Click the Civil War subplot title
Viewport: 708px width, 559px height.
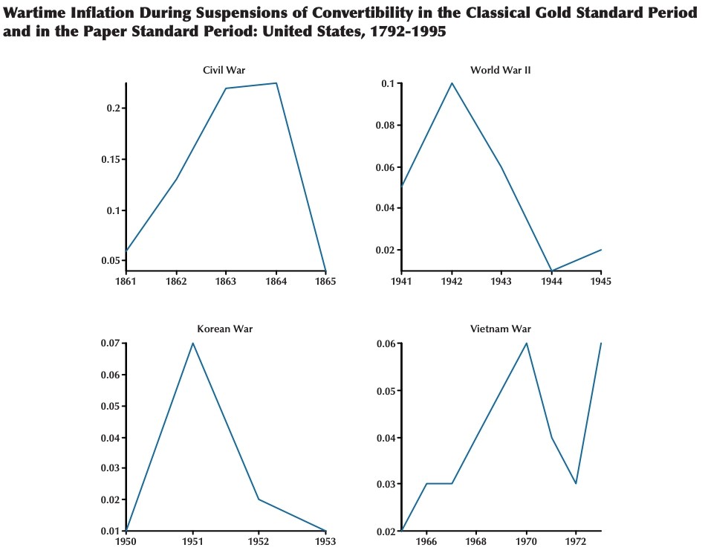(x=224, y=70)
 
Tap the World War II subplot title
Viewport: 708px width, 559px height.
(x=500, y=70)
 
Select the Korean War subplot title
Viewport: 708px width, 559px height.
(x=224, y=329)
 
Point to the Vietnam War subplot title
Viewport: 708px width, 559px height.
(x=500, y=329)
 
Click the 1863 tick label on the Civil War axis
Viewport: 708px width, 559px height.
(x=226, y=282)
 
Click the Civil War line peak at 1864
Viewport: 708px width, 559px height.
(x=276, y=83)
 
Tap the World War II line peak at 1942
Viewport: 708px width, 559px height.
(x=451, y=83)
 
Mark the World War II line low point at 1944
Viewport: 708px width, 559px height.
(x=551, y=271)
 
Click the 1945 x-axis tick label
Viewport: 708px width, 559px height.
(x=600, y=282)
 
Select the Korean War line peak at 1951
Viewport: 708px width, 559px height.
(x=193, y=343)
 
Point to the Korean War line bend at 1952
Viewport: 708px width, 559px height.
(x=259, y=499)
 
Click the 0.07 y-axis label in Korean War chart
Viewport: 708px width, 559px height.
(x=110, y=343)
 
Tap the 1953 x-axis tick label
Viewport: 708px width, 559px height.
(x=325, y=542)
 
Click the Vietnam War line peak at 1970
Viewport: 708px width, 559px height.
(x=526, y=343)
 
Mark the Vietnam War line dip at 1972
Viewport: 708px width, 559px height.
(x=576, y=483)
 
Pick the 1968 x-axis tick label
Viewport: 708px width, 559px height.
(x=476, y=542)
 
